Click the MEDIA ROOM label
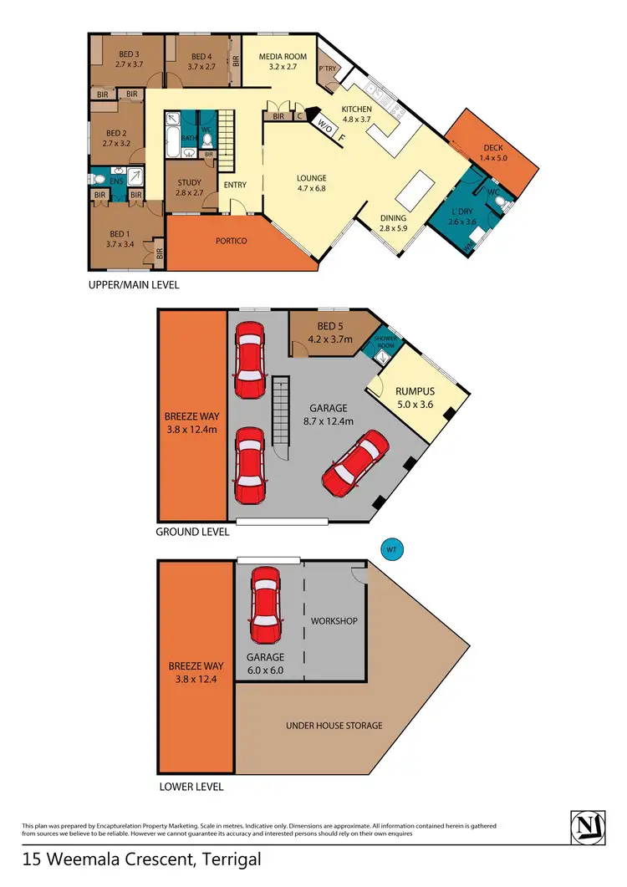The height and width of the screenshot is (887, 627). coord(283,57)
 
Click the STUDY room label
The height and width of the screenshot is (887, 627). coord(189,183)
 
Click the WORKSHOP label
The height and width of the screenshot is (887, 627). coord(334,621)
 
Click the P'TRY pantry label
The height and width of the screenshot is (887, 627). coord(328,69)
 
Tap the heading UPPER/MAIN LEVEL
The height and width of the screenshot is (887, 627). coord(135,285)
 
